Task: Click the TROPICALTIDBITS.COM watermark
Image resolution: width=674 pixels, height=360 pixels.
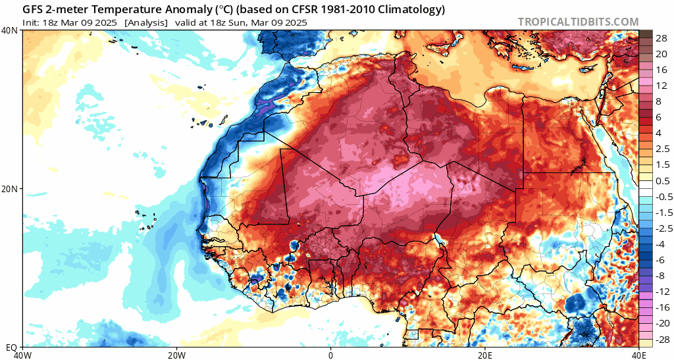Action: point(578,22)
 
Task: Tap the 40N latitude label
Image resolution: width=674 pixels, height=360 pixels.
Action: point(10,30)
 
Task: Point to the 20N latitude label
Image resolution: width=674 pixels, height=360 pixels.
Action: point(10,189)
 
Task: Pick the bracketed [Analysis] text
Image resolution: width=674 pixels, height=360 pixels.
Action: point(146,22)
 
